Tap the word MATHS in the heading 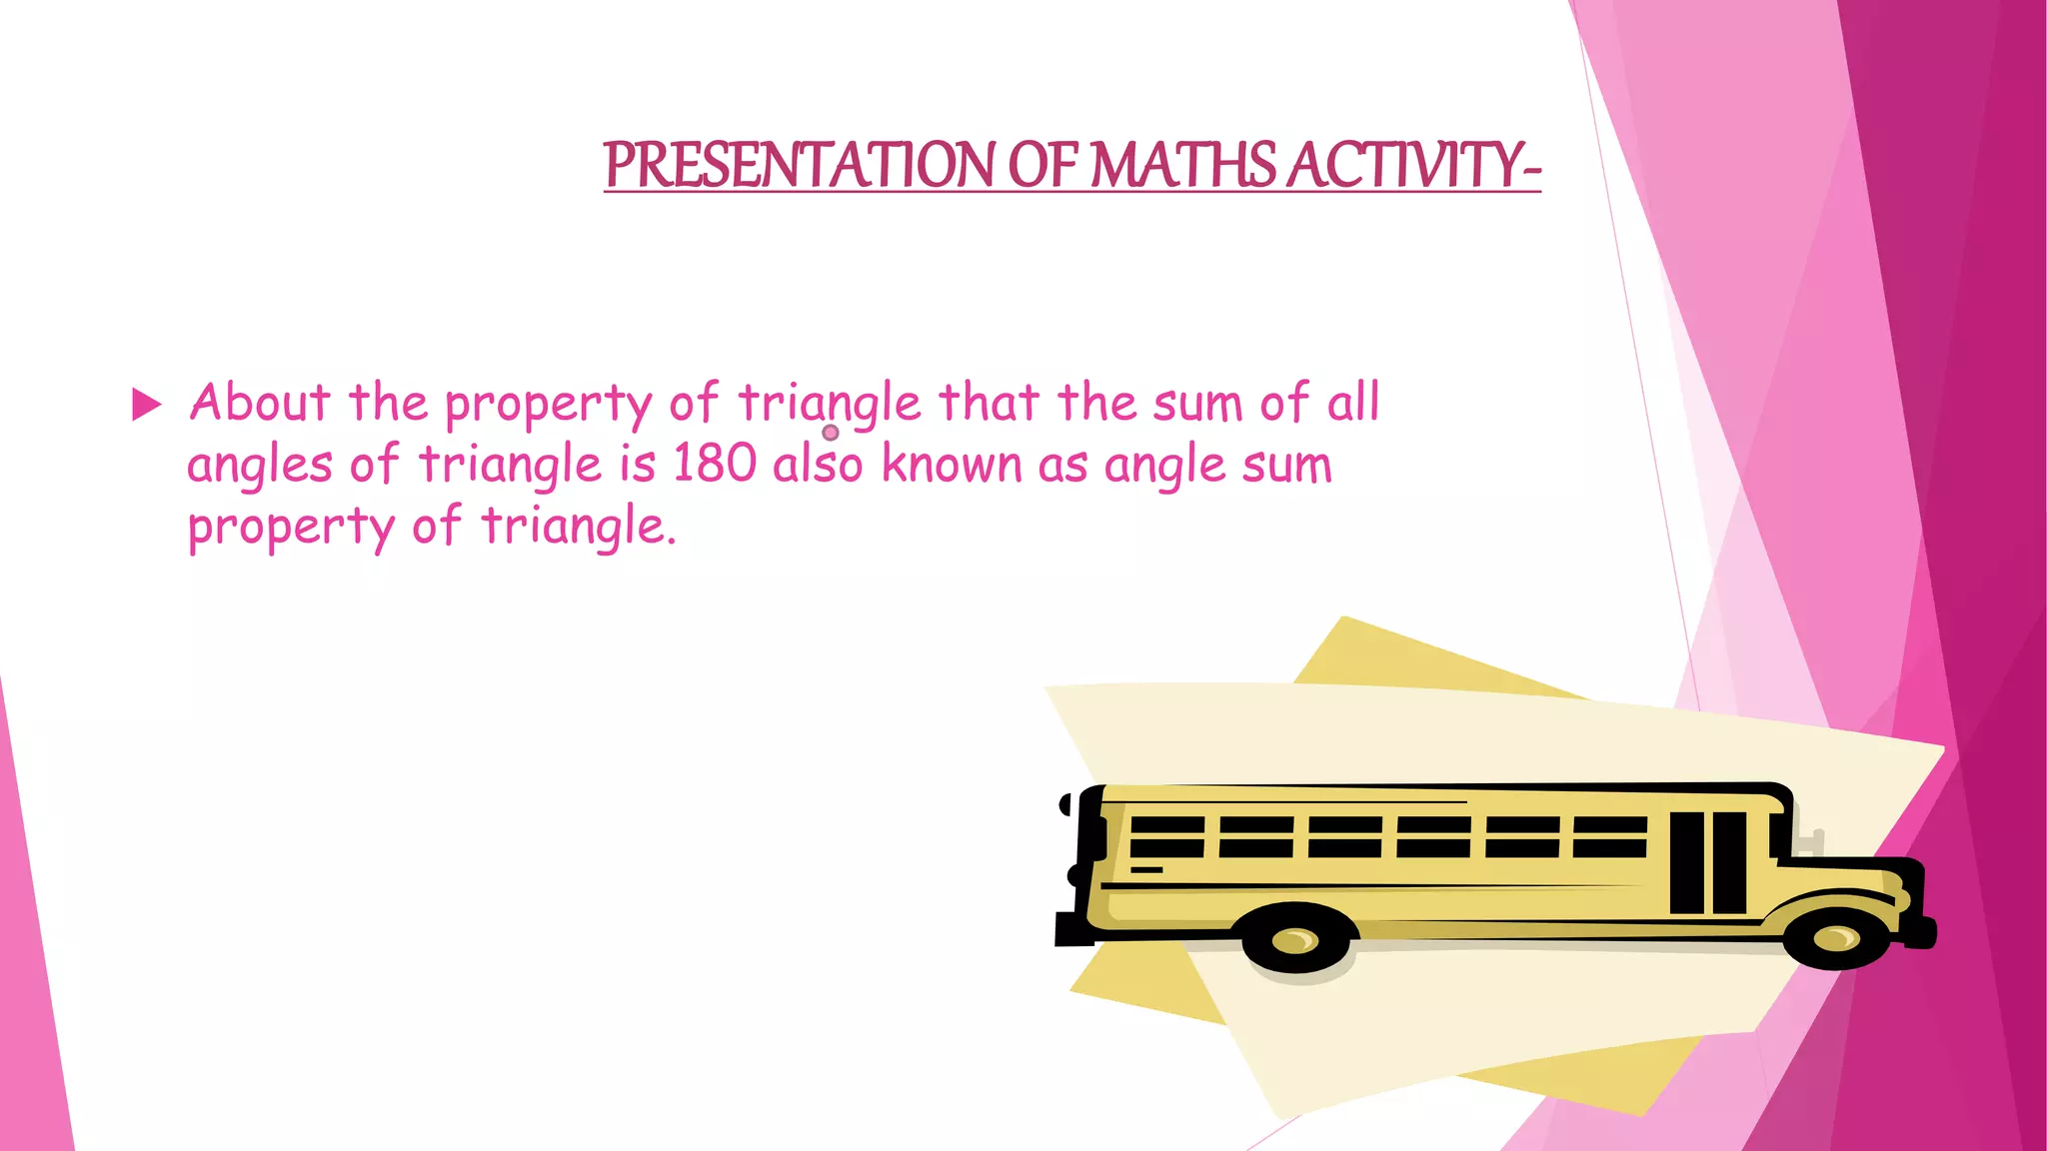(1182, 165)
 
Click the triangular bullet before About (147, 405)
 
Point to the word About (260, 403)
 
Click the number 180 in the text (715, 465)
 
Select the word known (952, 465)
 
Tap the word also (818, 465)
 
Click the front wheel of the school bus (1836, 938)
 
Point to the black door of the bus (1708, 862)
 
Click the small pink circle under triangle (830, 433)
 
